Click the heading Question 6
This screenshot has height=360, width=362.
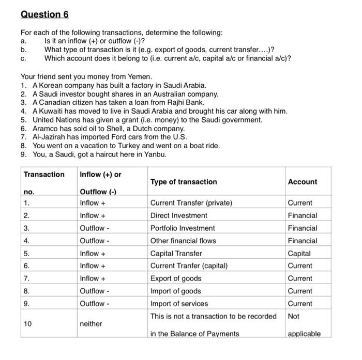(44, 13)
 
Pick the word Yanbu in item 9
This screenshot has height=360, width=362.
(155, 154)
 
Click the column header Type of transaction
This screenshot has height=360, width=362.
(184, 182)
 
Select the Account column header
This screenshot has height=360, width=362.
(303, 182)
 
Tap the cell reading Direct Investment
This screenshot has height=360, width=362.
(175, 215)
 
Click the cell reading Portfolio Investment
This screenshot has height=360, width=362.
(182, 228)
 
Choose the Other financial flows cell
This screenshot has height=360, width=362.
(183, 241)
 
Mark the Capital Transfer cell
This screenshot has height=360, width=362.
(176, 253)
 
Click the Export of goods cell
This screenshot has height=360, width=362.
(176, 278)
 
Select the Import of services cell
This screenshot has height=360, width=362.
(179, 304)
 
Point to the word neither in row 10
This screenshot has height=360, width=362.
(91, 324)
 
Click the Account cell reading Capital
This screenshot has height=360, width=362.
(299, 253)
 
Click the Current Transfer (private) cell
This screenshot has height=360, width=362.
(191, 203)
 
